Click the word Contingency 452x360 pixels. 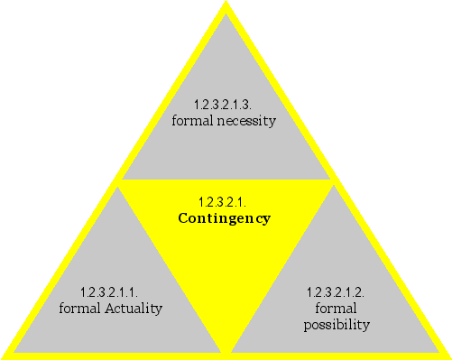(224, 218)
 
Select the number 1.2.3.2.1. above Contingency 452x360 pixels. (224, 201)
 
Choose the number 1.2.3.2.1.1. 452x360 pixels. (110, 293)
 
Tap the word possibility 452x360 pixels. (337, 325)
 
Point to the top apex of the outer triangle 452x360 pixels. (226, 3)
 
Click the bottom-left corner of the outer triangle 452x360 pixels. (4, 355)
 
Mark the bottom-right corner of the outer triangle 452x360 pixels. (448, 355)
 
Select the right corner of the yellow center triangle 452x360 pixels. (334, 181)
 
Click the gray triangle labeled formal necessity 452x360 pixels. (226, 135)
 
